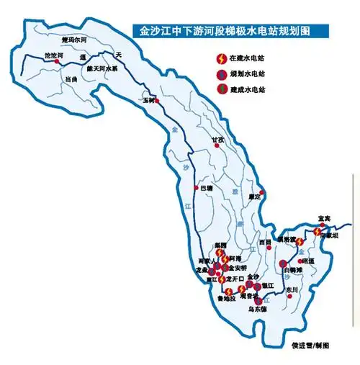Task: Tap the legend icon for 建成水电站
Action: [221, 89]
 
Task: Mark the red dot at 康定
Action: [262, 191]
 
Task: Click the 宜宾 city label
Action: [324, 217]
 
